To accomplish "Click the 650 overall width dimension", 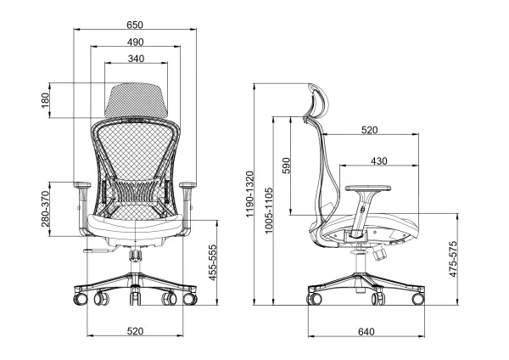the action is pos(135,25).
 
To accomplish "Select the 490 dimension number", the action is pos(135,42).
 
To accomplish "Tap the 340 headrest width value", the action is pos(136,59).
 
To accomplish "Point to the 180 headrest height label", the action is pos(45,100).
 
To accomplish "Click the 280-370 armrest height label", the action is pos(45,209).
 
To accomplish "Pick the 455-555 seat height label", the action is pos(212,262).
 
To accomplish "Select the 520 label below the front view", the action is pos(135,331).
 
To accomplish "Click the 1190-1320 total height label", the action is pos(249,194).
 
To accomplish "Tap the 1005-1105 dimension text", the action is pos(268,211).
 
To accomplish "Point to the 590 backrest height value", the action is pos(286,166).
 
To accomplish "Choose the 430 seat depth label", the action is pos(379,161).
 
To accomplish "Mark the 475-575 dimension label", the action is pos(453,259).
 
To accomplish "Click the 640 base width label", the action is pos(366,332).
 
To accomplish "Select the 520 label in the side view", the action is pos(370,130).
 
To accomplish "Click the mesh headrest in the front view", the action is pos(136,99).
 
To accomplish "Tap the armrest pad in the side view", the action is pos(368,188).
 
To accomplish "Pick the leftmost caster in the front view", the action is pos(81,298).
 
